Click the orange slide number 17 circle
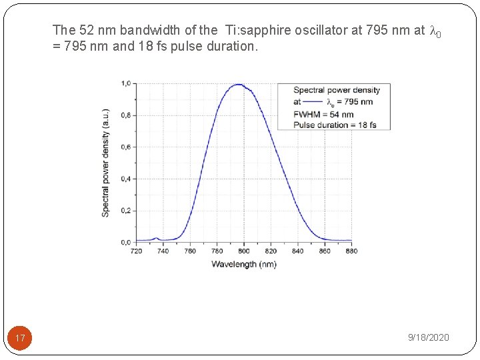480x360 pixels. point(20,338)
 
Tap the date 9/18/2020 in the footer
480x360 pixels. point(428,338)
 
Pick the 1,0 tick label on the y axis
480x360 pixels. point(125,83)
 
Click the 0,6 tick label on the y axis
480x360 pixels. point(125,147)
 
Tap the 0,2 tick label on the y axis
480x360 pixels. point(125,210)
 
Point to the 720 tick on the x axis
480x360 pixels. point(136,251)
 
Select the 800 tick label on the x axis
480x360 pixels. point(244,251)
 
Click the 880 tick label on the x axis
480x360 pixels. point(351,251)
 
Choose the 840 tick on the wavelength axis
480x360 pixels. point(297,251)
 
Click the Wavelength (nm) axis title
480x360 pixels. point(243,264)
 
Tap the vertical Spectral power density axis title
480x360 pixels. point(106,162)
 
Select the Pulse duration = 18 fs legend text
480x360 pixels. point(335,125)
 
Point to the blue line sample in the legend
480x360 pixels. point(313,102)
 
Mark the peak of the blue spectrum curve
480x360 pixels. point(238,85)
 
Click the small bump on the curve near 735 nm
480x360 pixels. point(156,237)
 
